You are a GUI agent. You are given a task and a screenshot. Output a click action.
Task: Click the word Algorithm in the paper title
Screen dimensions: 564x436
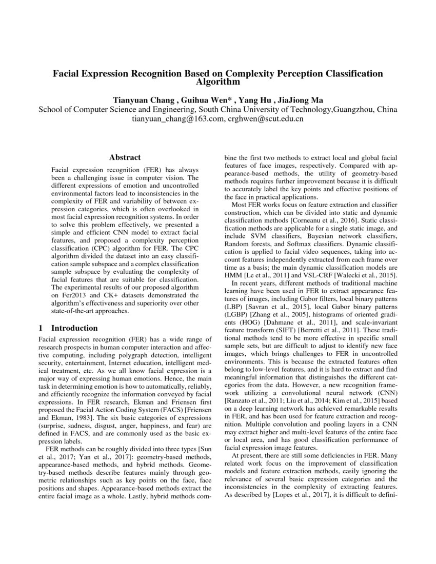coord(218,82)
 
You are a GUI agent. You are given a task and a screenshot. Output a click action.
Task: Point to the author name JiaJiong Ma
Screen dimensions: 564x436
coord(299,99)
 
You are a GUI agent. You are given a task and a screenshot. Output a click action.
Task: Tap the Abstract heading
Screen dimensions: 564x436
coord(125,157)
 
